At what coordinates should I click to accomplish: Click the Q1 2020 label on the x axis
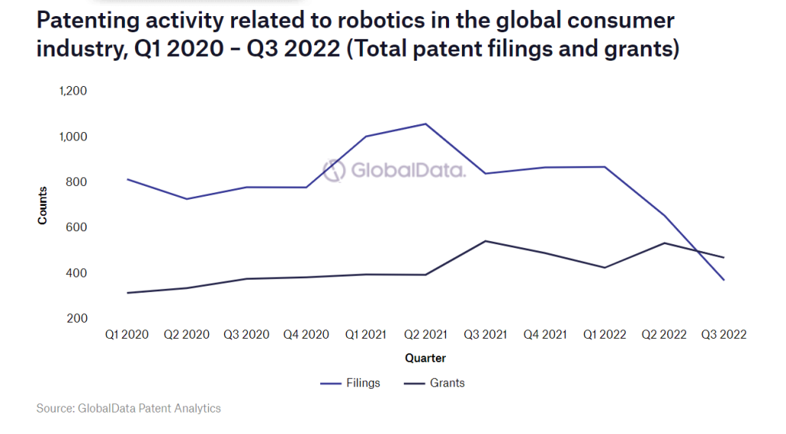127,335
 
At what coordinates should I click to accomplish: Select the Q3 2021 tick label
485,335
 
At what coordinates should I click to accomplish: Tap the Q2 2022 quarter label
664,335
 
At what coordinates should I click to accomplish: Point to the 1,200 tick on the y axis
73,91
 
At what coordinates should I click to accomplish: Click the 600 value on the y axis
78,227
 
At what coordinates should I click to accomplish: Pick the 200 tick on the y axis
78,318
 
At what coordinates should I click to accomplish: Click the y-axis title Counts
42,205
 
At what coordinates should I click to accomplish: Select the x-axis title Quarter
425,358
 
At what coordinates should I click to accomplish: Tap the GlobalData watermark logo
394,170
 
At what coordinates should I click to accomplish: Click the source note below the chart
128,409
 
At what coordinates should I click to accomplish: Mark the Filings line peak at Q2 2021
425,124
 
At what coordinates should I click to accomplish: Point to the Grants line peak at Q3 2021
485,241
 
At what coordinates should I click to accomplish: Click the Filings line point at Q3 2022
723,280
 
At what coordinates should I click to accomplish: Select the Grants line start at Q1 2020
127,293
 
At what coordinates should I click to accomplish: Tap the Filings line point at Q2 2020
187,199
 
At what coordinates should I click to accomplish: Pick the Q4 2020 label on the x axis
305,335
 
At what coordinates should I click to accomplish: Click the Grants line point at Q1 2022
604,268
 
